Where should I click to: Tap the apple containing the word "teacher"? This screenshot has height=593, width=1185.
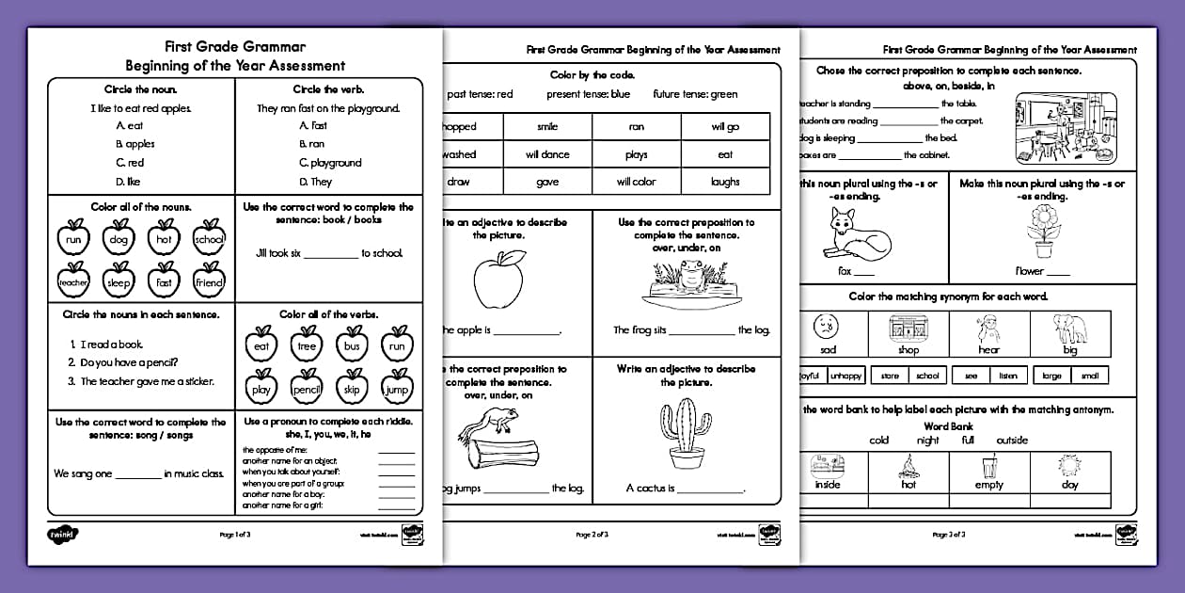coord(73,280)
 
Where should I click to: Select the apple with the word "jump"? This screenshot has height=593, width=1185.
coord(398,387)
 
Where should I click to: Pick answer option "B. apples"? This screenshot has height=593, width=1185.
coord(135,144)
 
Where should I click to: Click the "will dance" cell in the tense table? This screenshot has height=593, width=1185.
coord(546,154)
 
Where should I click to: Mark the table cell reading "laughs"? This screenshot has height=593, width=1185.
coord(725,182)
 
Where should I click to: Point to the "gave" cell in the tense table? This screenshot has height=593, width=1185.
coord(546,182)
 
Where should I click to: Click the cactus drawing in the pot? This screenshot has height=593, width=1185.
coord(687,433)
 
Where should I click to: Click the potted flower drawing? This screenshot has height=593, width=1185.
coord(1042,232)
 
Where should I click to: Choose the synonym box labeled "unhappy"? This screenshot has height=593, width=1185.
coord(845,376)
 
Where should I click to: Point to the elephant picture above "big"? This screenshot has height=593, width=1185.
coord(1069,329)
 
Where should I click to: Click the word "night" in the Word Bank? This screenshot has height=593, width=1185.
coord(927,440)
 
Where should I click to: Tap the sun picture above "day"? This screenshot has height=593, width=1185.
coord(1068,466)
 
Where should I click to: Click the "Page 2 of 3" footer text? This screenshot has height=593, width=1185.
coord(592,535)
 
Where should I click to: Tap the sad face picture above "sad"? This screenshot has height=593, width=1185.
coord(828,329)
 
